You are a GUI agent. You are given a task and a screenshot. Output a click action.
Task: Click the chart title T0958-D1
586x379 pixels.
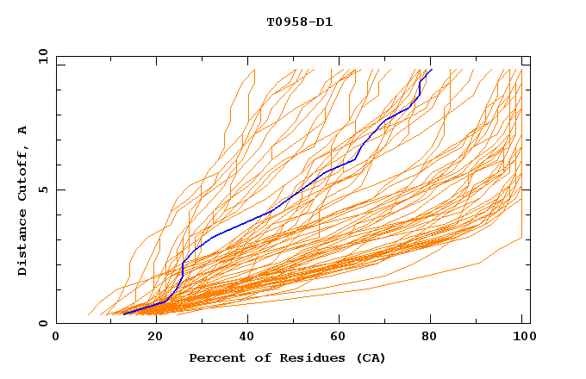click(300, 22)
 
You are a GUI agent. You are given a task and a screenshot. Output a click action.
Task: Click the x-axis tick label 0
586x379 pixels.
click(56, 338)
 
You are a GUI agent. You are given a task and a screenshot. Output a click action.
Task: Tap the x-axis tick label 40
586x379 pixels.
click(247, 338)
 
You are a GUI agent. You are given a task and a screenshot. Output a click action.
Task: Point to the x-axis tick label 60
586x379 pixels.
click(340, 338)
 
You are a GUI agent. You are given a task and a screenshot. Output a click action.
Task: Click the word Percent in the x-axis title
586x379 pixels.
click(215, 357)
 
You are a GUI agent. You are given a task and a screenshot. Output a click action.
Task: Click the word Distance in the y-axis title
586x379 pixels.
click(23, 245)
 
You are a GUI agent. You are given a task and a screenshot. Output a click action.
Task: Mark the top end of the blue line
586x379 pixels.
click(431, 70)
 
